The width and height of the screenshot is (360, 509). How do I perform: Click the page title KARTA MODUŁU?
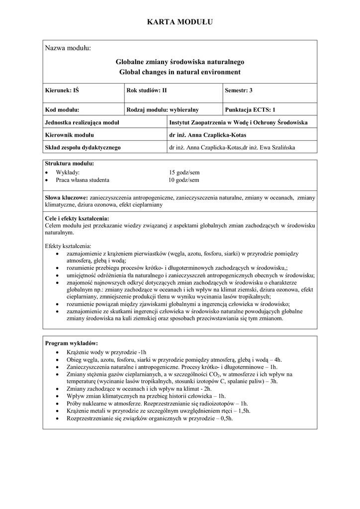coord(180,22)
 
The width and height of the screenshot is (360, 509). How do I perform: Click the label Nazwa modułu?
coord(68,48)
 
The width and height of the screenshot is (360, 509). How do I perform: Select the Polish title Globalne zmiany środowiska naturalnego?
coord(180,62)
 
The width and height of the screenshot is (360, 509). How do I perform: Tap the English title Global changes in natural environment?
coord(180,72)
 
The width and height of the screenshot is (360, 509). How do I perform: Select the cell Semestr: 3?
coord(239,90)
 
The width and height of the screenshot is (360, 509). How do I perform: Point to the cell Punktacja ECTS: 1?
coord(250,110)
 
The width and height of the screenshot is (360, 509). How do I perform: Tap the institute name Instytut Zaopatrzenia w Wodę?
coord(238,122)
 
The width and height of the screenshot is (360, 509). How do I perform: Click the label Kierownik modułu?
coord(69,135)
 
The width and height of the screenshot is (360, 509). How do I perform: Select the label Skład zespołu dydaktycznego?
coord(83,147)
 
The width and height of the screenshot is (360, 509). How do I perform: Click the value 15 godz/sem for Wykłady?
coord(184,172)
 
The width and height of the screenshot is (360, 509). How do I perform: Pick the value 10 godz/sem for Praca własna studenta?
coord(184,180)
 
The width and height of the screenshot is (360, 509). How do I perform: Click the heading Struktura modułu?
coord(69,164)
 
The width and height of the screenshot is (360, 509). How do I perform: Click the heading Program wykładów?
coord(72,343)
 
